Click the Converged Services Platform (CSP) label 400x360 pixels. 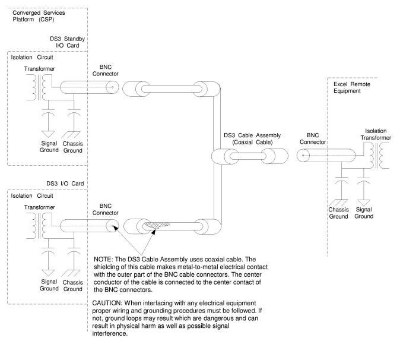[x=39, y=16]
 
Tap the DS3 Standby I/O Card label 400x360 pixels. [x=67, y=42]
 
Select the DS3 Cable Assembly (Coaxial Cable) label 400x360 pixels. [x=252, y=138]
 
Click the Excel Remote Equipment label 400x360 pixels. [x=352, y=87]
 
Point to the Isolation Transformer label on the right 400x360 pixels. [x=376, y=134]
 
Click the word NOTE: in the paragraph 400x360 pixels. [x=103, y=260]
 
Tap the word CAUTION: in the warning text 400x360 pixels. [x=107, y=303]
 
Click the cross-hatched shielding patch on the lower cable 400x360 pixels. [x=156, y=225]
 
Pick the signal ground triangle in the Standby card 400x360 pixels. [x=48, y=134]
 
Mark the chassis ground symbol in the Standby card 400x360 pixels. [x=71, y=134]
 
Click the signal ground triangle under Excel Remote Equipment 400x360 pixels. [x=364, y=203]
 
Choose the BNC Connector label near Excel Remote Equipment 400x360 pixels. [x=313, y=138]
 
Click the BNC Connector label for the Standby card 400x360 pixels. [x=106, y=71]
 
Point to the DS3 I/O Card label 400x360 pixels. [x=65, y=184]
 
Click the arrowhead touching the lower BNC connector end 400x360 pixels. [x=116, y=228]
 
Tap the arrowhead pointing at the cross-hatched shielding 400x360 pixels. [x=153, y=232]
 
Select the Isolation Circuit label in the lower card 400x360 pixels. [x=32, y=196]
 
